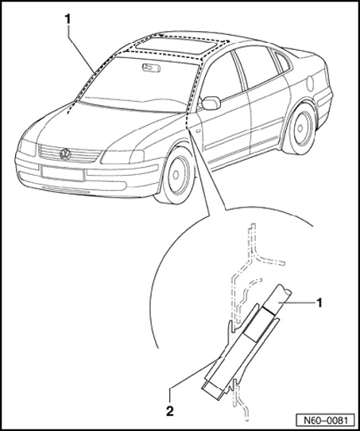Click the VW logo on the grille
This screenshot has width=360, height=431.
(x=65, y=154)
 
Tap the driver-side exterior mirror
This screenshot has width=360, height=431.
(x=211, y=103)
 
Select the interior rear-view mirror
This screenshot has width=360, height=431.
(x=151, y=68)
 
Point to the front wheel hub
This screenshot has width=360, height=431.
(x=176, y=174)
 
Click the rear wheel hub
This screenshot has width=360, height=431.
(x=300, y=129)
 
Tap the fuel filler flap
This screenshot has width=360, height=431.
(x=310, y=83)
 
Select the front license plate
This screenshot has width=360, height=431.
(x=62, y=173)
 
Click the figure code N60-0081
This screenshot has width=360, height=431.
(x=325, y=421)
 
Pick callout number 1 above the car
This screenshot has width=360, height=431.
(x=68, y=20)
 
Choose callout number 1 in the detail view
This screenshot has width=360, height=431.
(x=319, y=303)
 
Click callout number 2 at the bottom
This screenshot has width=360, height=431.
(x=170, y=411)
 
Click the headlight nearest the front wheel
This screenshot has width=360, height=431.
(x=122, y=157)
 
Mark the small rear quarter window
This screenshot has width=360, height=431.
(x=282, y=63)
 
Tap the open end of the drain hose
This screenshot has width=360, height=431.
(x=286, y=290)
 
